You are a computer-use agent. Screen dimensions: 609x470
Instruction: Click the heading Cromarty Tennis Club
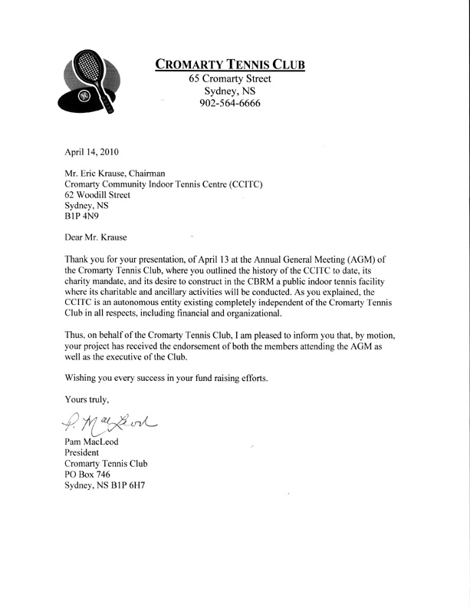230,64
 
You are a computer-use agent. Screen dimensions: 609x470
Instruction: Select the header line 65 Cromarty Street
230,78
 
